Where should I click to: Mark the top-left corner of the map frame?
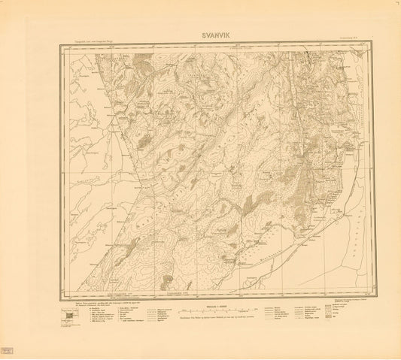(x=58, y=41)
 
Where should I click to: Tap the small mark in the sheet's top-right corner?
(x=396, y=4)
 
